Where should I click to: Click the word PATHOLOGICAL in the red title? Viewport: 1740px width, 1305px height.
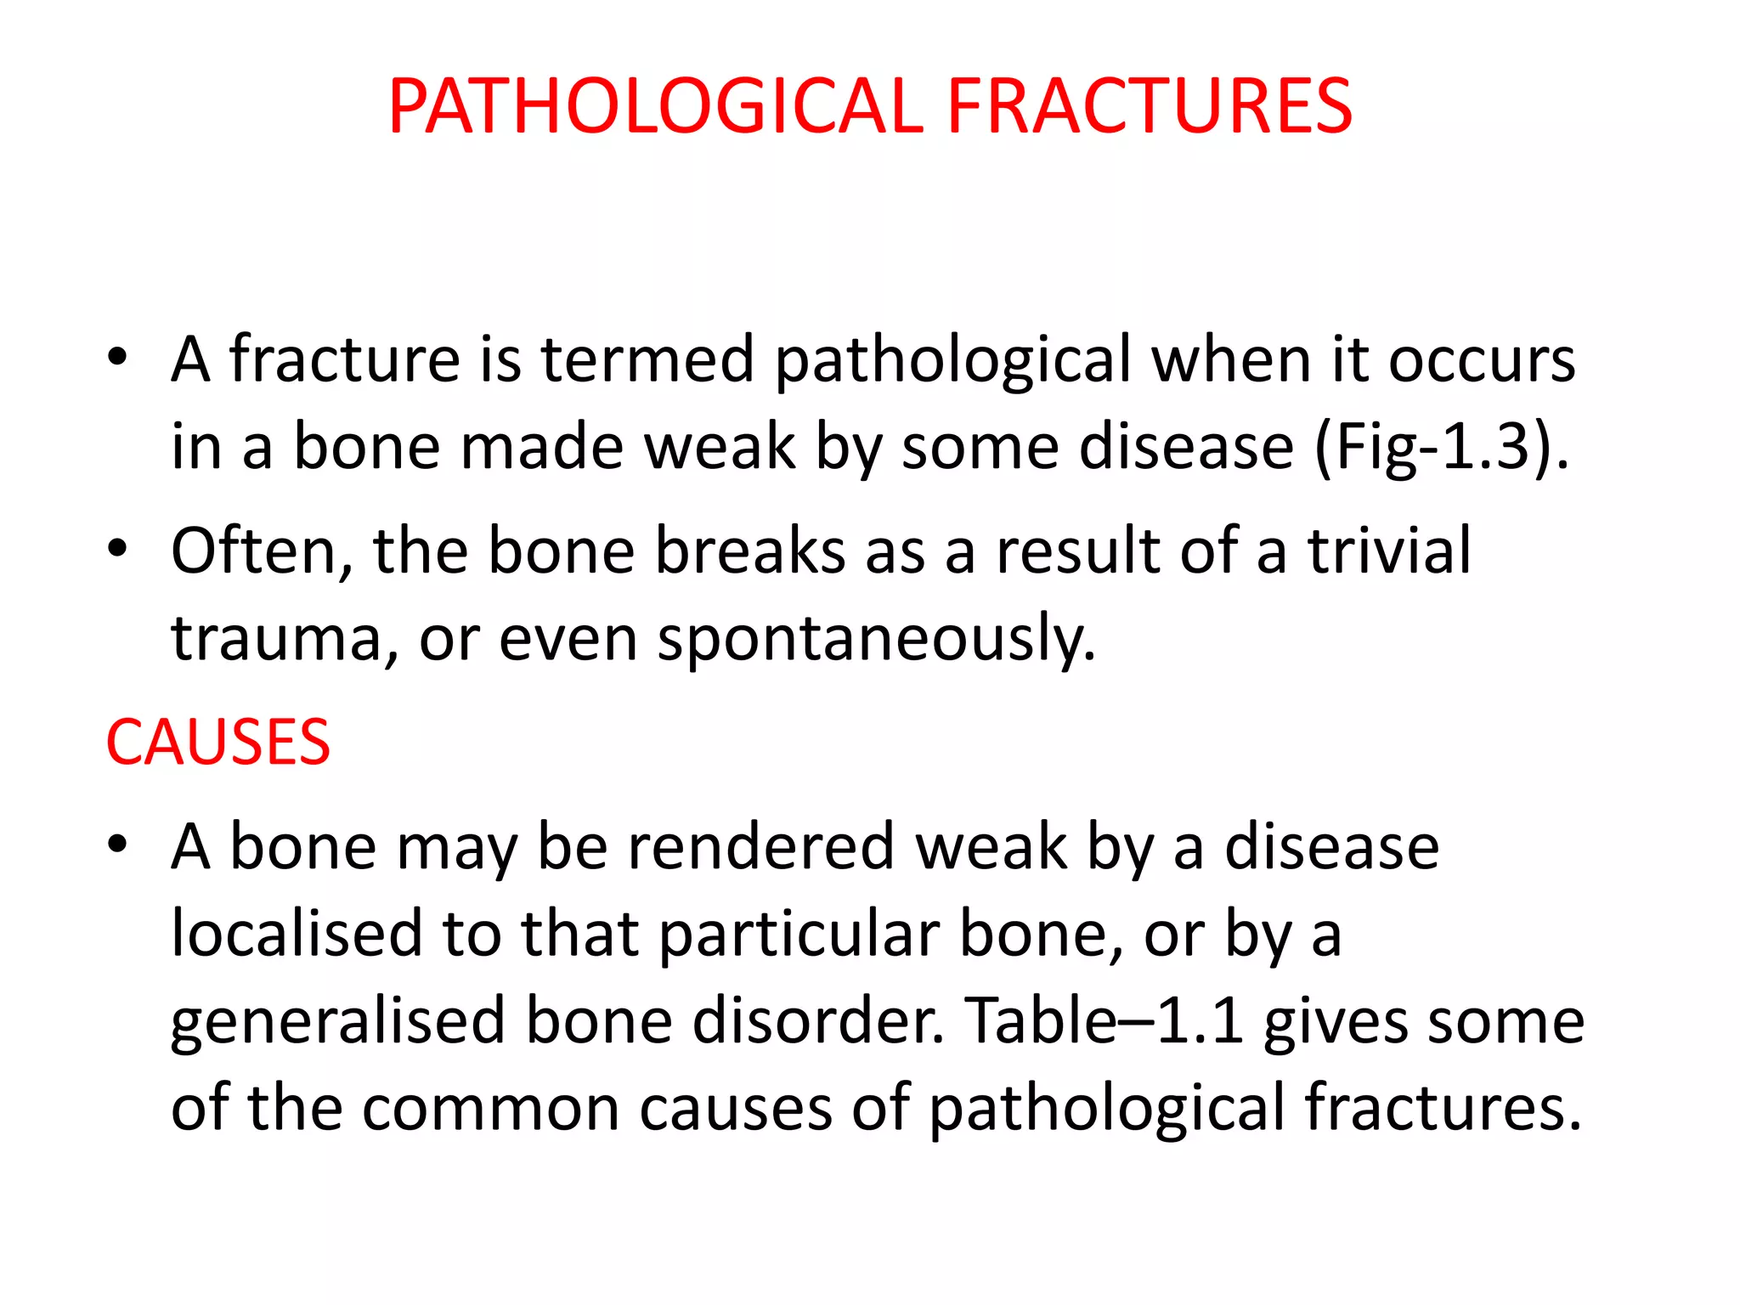click(655, 106)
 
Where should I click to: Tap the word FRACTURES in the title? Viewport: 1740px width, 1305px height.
click(1149, 106)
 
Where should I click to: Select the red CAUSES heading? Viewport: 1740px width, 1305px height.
click(217, 743)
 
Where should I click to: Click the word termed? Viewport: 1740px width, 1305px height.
click(647, 359)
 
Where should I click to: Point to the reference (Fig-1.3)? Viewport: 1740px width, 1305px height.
click(1441, 447)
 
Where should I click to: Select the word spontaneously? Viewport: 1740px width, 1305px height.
click(876, 639)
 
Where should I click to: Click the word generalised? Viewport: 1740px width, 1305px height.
click(337, 1021)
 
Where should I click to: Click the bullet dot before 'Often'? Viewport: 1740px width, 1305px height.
click(117, 549)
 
